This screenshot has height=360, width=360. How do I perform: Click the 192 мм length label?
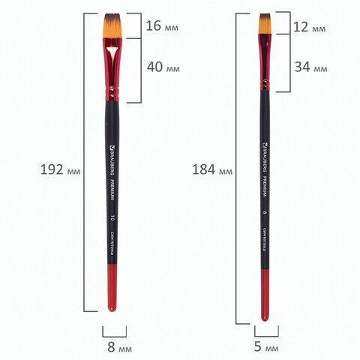coord(60,169)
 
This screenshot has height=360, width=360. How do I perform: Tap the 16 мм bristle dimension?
coord(162,26)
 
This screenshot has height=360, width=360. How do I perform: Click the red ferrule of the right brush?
coord(265,64)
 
